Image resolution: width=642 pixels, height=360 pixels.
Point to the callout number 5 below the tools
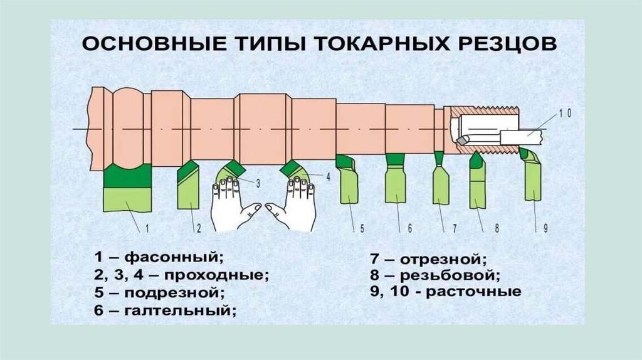pos(362,229)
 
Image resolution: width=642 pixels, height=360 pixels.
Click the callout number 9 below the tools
pos(545,229)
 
